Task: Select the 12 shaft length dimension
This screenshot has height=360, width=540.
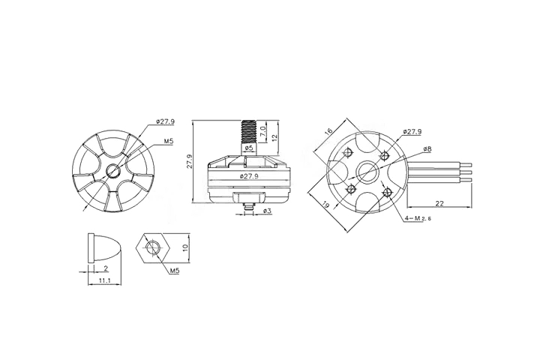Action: click(275, 136)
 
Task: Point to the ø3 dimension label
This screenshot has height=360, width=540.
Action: click(267, 211)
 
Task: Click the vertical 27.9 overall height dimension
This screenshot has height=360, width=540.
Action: click(190, 160)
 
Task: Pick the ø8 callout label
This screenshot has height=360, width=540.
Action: click(426, 150)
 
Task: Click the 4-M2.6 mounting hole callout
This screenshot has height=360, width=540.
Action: click(419, 218)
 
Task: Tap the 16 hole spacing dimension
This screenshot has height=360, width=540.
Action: click(328, 131)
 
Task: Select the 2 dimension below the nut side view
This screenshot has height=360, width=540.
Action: click(106, 268)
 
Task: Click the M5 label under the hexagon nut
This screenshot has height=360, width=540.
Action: click(174, 269)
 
